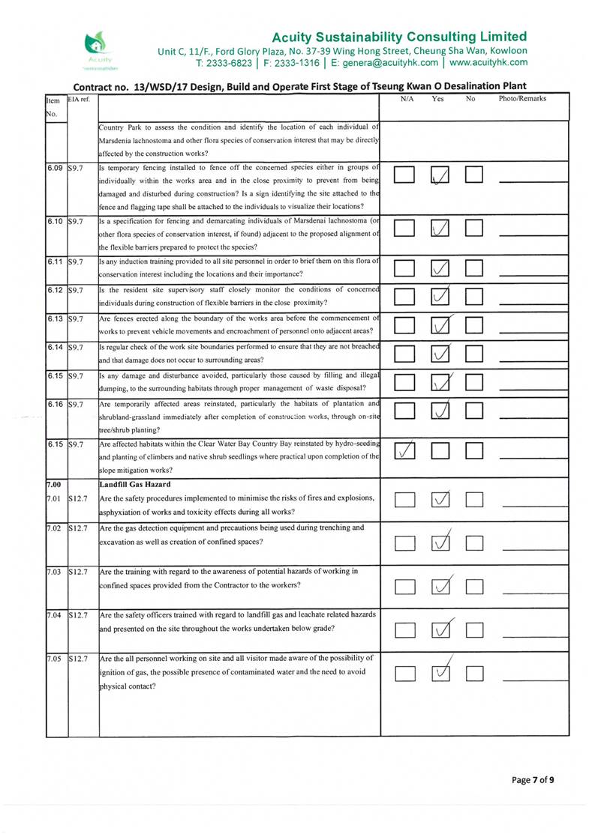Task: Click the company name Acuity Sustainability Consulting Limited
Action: pyautogui.click(x=398, y=37)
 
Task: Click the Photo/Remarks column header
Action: pyautogui.click(x=522, y=98)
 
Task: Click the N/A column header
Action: pyautogui.click(x=407, y=98)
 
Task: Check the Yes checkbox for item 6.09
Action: pyautogui.click(x=442, y=176)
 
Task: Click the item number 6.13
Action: pyautogui.click(x=56, y=319)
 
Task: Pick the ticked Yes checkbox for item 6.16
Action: pyautogui.click(x=442, y=411)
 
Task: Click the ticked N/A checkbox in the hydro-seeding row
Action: pyautogui.click(x=405, y=452)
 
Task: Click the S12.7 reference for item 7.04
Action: pyautogui.click(x=78, y=615)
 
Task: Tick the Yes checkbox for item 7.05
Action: pyautogui.click(x=443, y=673)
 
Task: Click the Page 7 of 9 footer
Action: pyautogui.click(x=533, y=780)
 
